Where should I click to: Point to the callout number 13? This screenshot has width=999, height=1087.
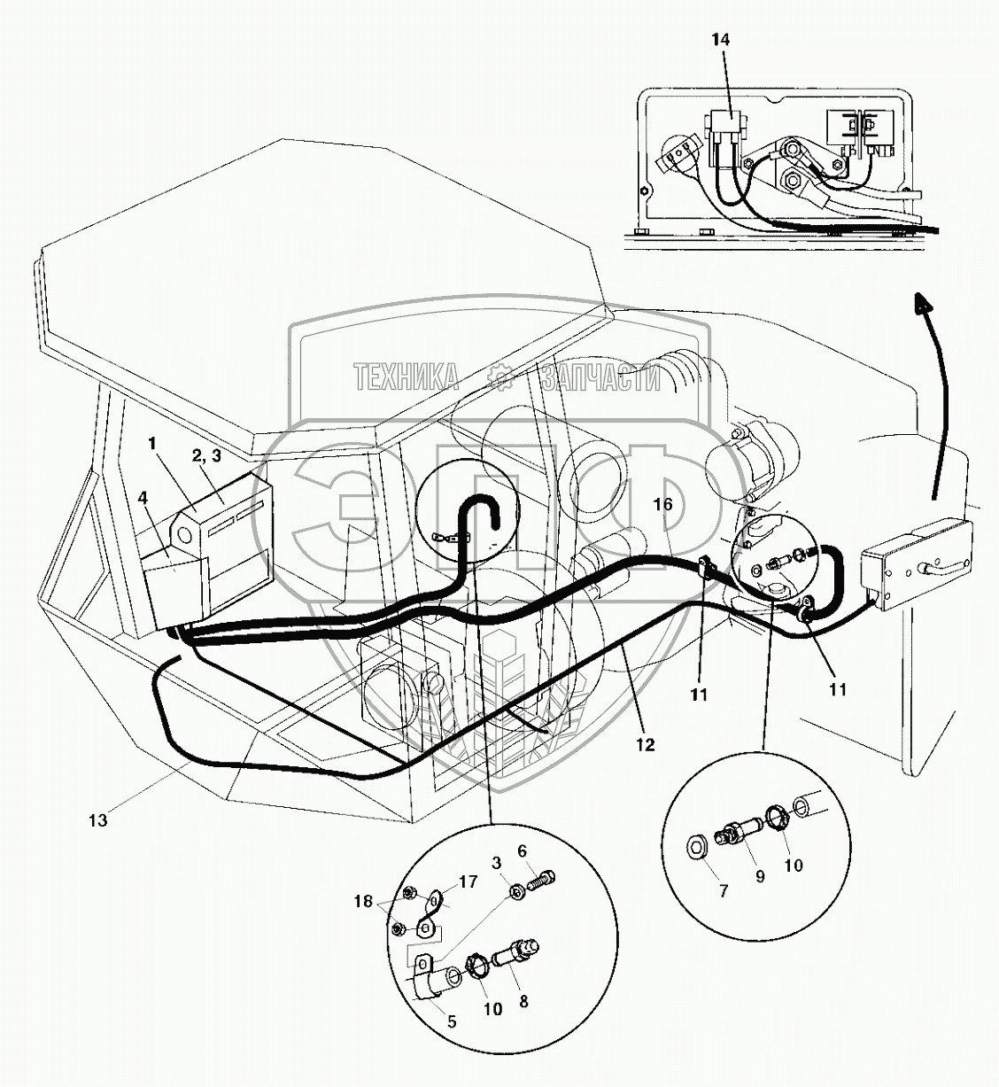(97, 820)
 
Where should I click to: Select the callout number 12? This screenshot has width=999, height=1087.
(645, 745)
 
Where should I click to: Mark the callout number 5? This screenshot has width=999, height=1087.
(453, 1021)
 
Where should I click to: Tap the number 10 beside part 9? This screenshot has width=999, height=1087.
(794, 864)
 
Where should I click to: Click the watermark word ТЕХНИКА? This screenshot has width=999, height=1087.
(407, 378)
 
